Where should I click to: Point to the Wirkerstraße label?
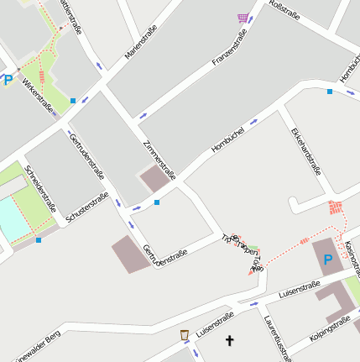(38, 95)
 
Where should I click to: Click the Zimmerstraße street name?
(159, 160)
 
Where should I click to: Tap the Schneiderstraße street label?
(41, 189)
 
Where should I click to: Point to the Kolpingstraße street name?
(329, 329)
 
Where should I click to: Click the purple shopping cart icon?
(243, 17)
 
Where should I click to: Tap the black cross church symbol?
(230, 341)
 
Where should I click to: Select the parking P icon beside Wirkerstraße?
(8, 80)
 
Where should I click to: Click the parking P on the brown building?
(327, 260)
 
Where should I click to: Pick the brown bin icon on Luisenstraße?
(184, 335)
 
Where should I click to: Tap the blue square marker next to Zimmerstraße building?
(156, 202)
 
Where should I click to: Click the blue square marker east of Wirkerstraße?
(73, 101)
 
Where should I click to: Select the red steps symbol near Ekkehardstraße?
(337, 207)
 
